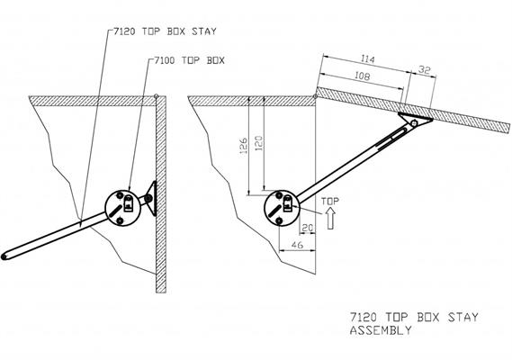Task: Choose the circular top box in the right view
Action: (281, 208)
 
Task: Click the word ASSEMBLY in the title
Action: (380, 329)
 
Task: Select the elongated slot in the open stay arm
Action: (392, 138)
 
